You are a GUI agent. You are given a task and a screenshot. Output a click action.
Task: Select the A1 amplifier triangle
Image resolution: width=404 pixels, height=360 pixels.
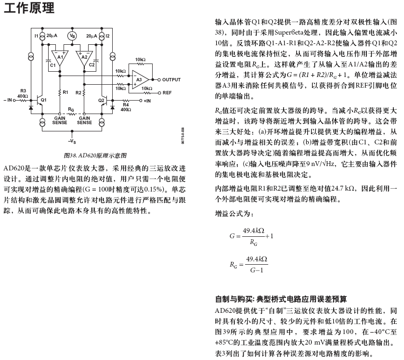point(60,57)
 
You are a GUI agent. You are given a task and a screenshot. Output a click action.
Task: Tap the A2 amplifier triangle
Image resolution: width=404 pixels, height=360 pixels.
point(84,57)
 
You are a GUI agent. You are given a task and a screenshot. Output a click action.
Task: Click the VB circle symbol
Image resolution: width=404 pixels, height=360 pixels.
point(72,36)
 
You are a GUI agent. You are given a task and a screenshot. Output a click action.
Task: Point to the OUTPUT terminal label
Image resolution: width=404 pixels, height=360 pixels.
point(171,79)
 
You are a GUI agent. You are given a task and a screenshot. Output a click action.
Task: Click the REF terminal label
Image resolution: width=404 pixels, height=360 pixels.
point(167,92)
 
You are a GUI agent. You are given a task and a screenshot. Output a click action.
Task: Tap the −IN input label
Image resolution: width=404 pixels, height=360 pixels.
point(9,100)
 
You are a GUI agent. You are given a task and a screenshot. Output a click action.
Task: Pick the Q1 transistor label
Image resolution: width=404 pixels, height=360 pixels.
point(44,100)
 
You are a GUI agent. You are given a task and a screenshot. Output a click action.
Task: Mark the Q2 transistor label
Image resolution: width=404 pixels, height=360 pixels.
point(101,100)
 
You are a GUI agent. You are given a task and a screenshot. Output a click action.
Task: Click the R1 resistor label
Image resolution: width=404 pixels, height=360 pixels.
point(65,91)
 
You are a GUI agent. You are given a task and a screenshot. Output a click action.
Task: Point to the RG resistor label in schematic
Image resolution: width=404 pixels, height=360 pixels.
point(71,110)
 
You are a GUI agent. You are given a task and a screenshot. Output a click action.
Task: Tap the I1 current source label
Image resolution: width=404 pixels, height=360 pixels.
point(36,36)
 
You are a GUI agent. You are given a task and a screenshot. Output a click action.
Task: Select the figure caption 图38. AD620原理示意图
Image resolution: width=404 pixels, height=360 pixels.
point(95,155)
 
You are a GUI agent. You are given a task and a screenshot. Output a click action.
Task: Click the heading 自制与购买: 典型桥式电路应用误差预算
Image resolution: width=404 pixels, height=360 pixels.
point(281,299)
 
